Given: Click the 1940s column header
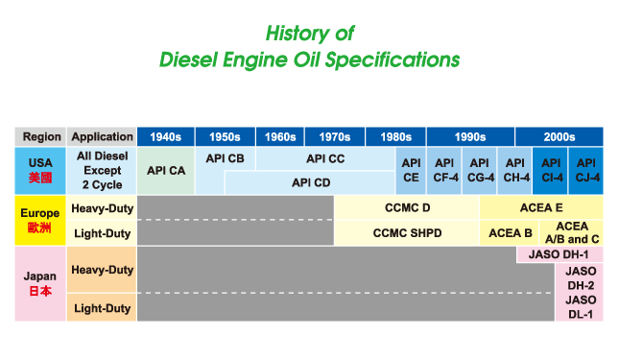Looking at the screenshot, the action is click(166, 137).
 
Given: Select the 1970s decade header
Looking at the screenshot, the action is click(335, 137).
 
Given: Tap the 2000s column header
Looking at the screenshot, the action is click(559, 137).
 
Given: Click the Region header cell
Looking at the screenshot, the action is click(40, 137).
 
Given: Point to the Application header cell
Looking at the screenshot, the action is click(102, 137).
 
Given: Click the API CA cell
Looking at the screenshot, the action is click(166, 171).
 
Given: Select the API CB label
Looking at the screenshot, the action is click(225, 158).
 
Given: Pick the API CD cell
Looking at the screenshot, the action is click(310, 182).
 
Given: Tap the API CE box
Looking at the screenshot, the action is click(411, 171).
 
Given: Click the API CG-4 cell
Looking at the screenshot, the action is click(480, 171).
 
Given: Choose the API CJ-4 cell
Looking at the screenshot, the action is click(585, 171).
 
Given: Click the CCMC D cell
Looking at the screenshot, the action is click(407, 207).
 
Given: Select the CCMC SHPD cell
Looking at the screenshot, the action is click(407, 233).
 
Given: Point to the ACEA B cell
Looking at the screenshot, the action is click(510, 233).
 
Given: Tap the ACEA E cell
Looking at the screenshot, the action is click(541, 207).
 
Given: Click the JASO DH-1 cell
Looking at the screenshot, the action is click(559, 254).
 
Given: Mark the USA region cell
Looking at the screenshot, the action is click(40, 171).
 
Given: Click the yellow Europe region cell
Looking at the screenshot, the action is click(40, 221).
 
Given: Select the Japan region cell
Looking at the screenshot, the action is click(40, 284).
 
